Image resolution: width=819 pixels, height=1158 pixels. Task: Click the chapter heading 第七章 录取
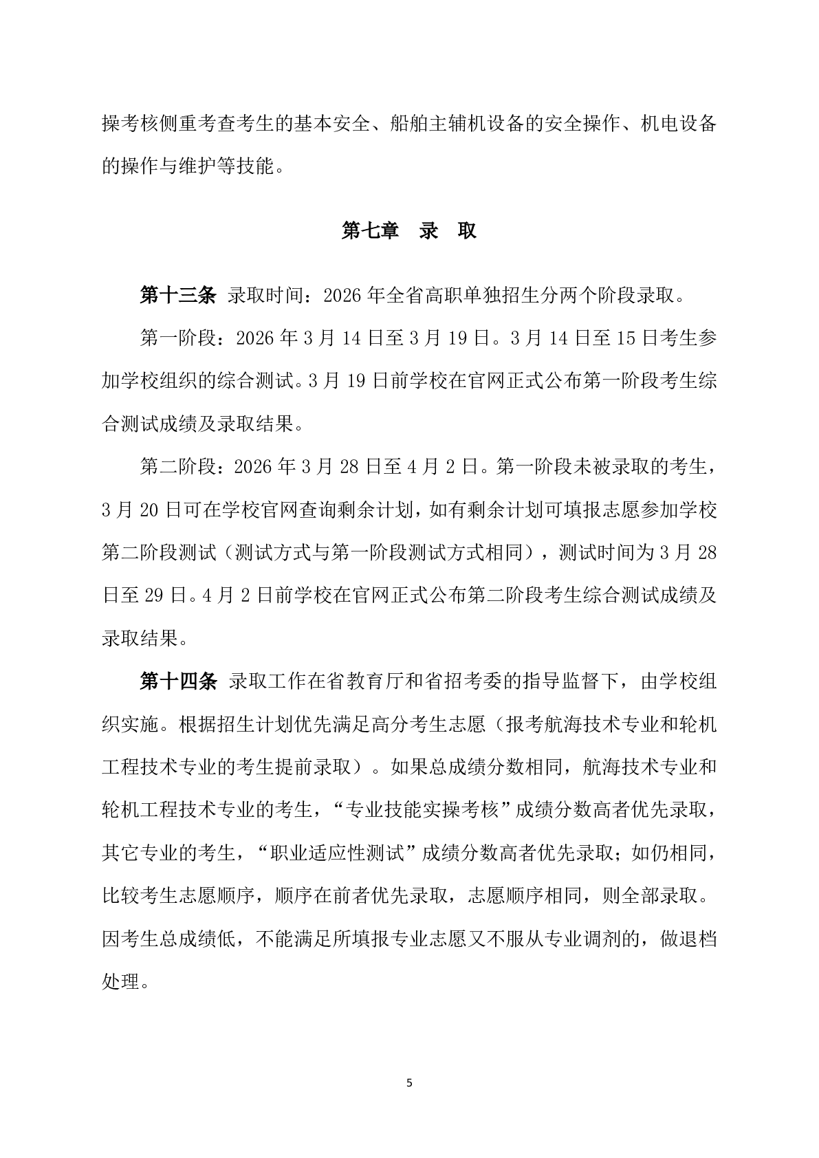pos(409,231)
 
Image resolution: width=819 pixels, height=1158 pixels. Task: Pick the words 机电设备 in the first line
pos(678,124)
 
